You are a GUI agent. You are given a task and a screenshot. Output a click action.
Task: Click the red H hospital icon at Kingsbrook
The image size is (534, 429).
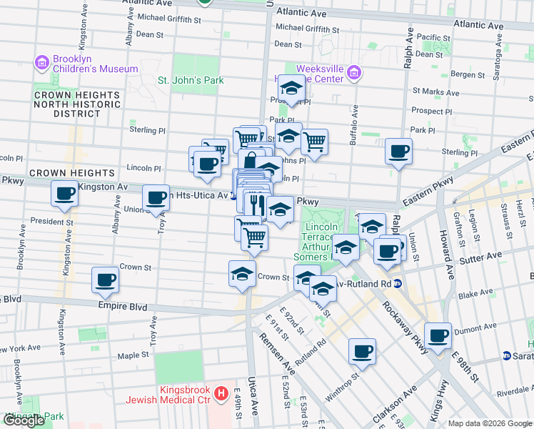point(221,393)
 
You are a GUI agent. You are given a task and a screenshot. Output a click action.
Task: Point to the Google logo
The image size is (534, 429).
point(24,420)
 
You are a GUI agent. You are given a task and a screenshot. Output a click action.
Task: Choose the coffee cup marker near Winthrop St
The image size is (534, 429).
point(362,351)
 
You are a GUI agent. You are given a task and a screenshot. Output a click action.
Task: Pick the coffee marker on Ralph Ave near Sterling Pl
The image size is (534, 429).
point(398,151)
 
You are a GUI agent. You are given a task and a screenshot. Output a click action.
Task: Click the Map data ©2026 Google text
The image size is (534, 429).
point(489,423)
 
